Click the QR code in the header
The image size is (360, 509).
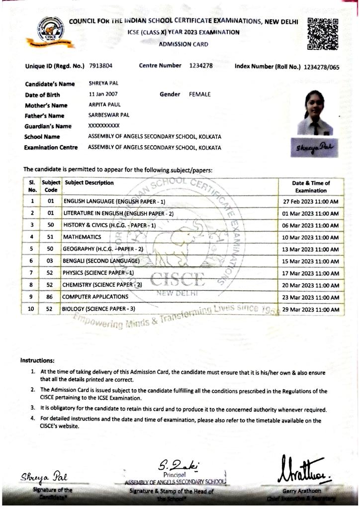(323, 33)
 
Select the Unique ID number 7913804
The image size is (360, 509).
(101, 66)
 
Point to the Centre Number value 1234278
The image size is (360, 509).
(201, 66)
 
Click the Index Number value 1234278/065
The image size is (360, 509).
(321, 67)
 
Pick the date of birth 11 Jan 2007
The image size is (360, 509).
(103, 94)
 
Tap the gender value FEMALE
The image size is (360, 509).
(200, 94)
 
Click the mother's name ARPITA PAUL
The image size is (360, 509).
(104, 105)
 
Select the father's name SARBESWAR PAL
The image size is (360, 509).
(109, 115)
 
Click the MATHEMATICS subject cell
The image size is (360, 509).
(82, 237)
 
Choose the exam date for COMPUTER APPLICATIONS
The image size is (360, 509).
(310, 297)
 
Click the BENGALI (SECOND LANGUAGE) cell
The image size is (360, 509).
(101, 261)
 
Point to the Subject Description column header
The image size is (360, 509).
(89, 182)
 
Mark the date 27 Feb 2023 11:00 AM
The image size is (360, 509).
(310, 202)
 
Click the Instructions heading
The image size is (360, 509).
(37, 360)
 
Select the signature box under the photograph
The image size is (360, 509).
(315, 148)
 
